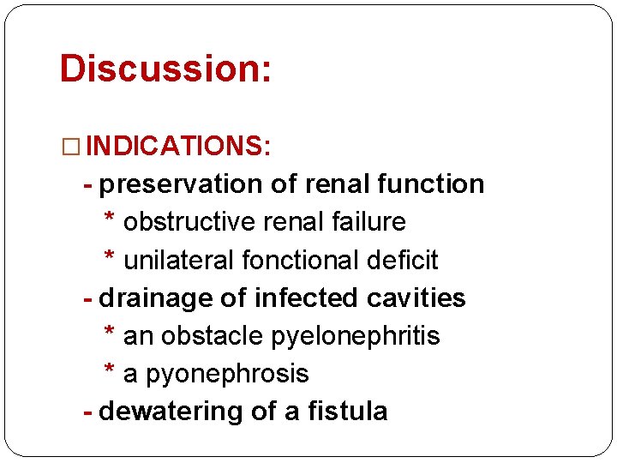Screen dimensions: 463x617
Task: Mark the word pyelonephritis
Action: (x=355, y=336)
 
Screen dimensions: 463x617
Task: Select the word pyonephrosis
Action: (x=227, y=374)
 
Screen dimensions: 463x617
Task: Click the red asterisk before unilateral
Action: (x=110, y=257)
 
